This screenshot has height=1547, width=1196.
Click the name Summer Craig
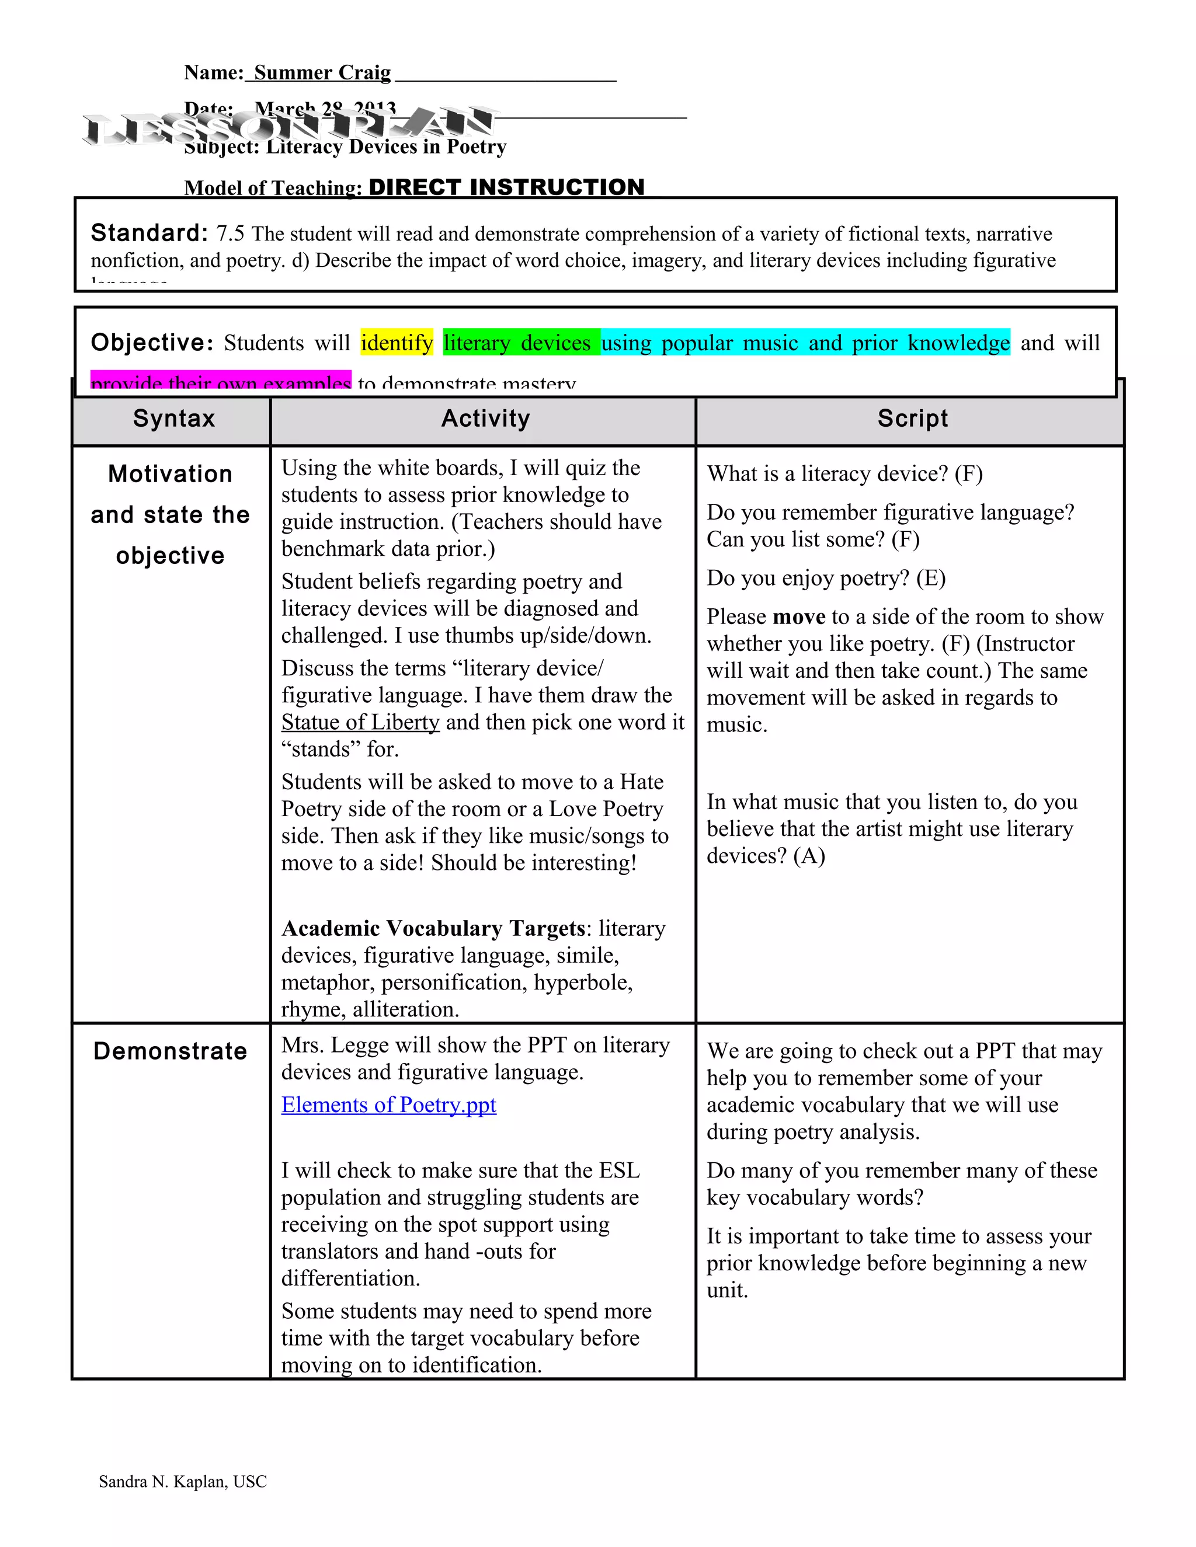(x=322, y=72)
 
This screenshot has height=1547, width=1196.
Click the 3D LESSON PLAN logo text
(x=289, y=127)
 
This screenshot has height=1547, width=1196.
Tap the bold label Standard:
(x=149, y=233)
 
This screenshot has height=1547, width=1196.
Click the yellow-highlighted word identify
(x=397, y=343)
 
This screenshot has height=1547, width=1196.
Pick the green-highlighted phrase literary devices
(x=517, y=343)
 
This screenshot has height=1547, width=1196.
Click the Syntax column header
(x=173, y=419)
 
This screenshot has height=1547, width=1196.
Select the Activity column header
(x=485, y=419)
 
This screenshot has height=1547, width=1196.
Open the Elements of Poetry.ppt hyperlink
(x=388, y=1105)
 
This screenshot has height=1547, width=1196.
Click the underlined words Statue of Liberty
(x=360, y=723)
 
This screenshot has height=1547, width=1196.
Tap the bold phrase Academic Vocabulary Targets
(x=434, y=929)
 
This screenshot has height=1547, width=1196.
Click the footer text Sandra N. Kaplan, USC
(x=183, y=1481)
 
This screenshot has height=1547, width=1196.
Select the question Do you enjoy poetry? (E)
(x=825, y=578)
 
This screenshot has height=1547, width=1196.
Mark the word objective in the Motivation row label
(x=170, y=556)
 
